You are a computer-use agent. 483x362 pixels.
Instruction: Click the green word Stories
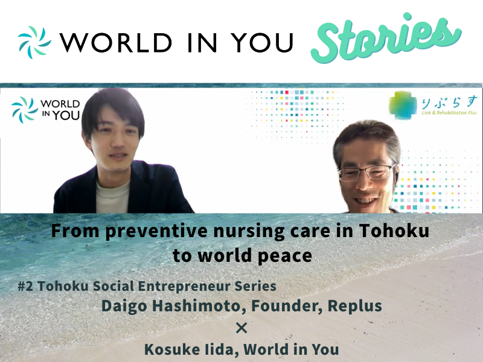386,39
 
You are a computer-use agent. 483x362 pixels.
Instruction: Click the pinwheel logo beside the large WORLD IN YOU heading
34,42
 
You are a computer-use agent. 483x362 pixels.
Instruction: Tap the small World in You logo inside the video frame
46,110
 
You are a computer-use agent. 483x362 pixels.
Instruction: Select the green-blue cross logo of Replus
403,105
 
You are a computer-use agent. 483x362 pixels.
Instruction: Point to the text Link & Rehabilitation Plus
449,113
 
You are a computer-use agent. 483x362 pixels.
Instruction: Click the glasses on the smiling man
366,173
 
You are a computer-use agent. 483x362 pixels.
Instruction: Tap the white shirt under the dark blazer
112,197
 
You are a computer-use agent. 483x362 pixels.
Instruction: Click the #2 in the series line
25,286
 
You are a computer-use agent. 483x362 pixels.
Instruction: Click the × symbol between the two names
241,328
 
